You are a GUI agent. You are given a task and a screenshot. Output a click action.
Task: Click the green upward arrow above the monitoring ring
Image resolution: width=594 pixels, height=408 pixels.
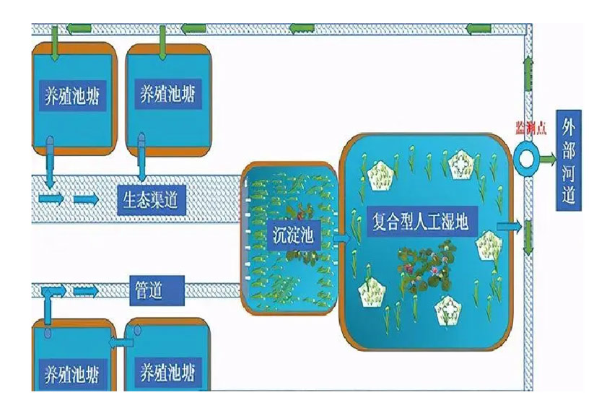528,73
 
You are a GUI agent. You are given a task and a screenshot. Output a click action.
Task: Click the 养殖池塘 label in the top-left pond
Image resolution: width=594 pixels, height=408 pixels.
71,94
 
